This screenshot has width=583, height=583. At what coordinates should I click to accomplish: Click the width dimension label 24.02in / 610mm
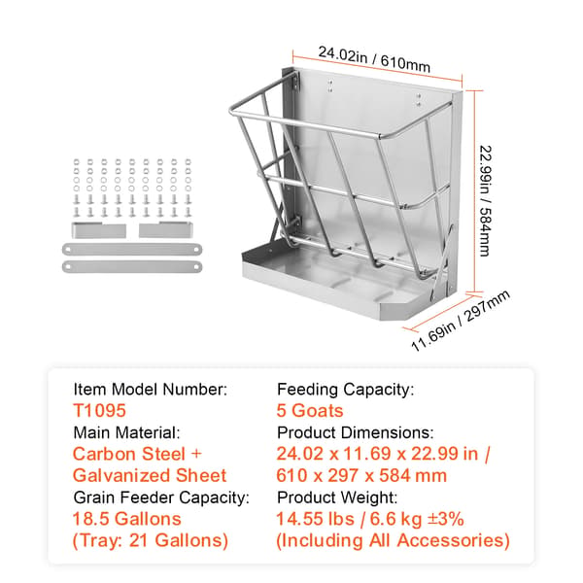pyautogui.click(x=374, y=59)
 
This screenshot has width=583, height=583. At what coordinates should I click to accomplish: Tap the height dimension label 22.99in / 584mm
pyautogui.click(x=485, y=201)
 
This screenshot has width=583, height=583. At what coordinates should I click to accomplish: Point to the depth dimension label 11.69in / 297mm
pyautogui.click(x=461, y=321)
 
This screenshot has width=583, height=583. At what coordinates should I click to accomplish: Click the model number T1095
pyautogui.click(x=100, y=410)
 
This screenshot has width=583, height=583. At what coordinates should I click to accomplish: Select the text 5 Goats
pyautogui.click(x=310, y=410)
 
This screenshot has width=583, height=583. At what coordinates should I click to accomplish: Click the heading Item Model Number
pyautogui.click(x=151, y=390)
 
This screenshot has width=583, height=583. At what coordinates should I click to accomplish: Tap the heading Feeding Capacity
pyautogui.click(x=345, y=390)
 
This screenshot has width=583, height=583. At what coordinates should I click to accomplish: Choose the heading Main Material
pyautogui.click(x=126, y=432)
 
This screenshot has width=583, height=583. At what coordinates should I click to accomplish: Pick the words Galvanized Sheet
pyautogui.click(x=150, y=475)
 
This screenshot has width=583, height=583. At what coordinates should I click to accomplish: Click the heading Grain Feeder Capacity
pyautogui.click(x=161, y=497)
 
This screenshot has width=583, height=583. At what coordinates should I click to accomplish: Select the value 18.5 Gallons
pyautogui.click(x=126, y=519)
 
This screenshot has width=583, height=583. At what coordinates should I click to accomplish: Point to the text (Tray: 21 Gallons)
pyautogui.click(x=151, y=540)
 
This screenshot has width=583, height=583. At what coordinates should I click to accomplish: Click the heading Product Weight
pyautogui.click(x=337, y=497)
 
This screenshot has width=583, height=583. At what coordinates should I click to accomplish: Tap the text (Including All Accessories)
pyautogui.click(x=393, y=540)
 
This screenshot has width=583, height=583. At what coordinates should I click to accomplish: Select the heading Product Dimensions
pyautogui.click(x=356, y=432)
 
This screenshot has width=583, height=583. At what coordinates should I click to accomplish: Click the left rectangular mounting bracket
pyautogui.click(x=99, y=229)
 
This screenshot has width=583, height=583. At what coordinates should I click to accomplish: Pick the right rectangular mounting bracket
pyautogui.click(x=166, y=229)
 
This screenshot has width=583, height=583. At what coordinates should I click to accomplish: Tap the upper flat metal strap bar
pyautogui.click(x=132, y=249)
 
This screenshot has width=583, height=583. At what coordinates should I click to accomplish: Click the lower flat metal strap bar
pyautogui.click(x=132, y=266)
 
